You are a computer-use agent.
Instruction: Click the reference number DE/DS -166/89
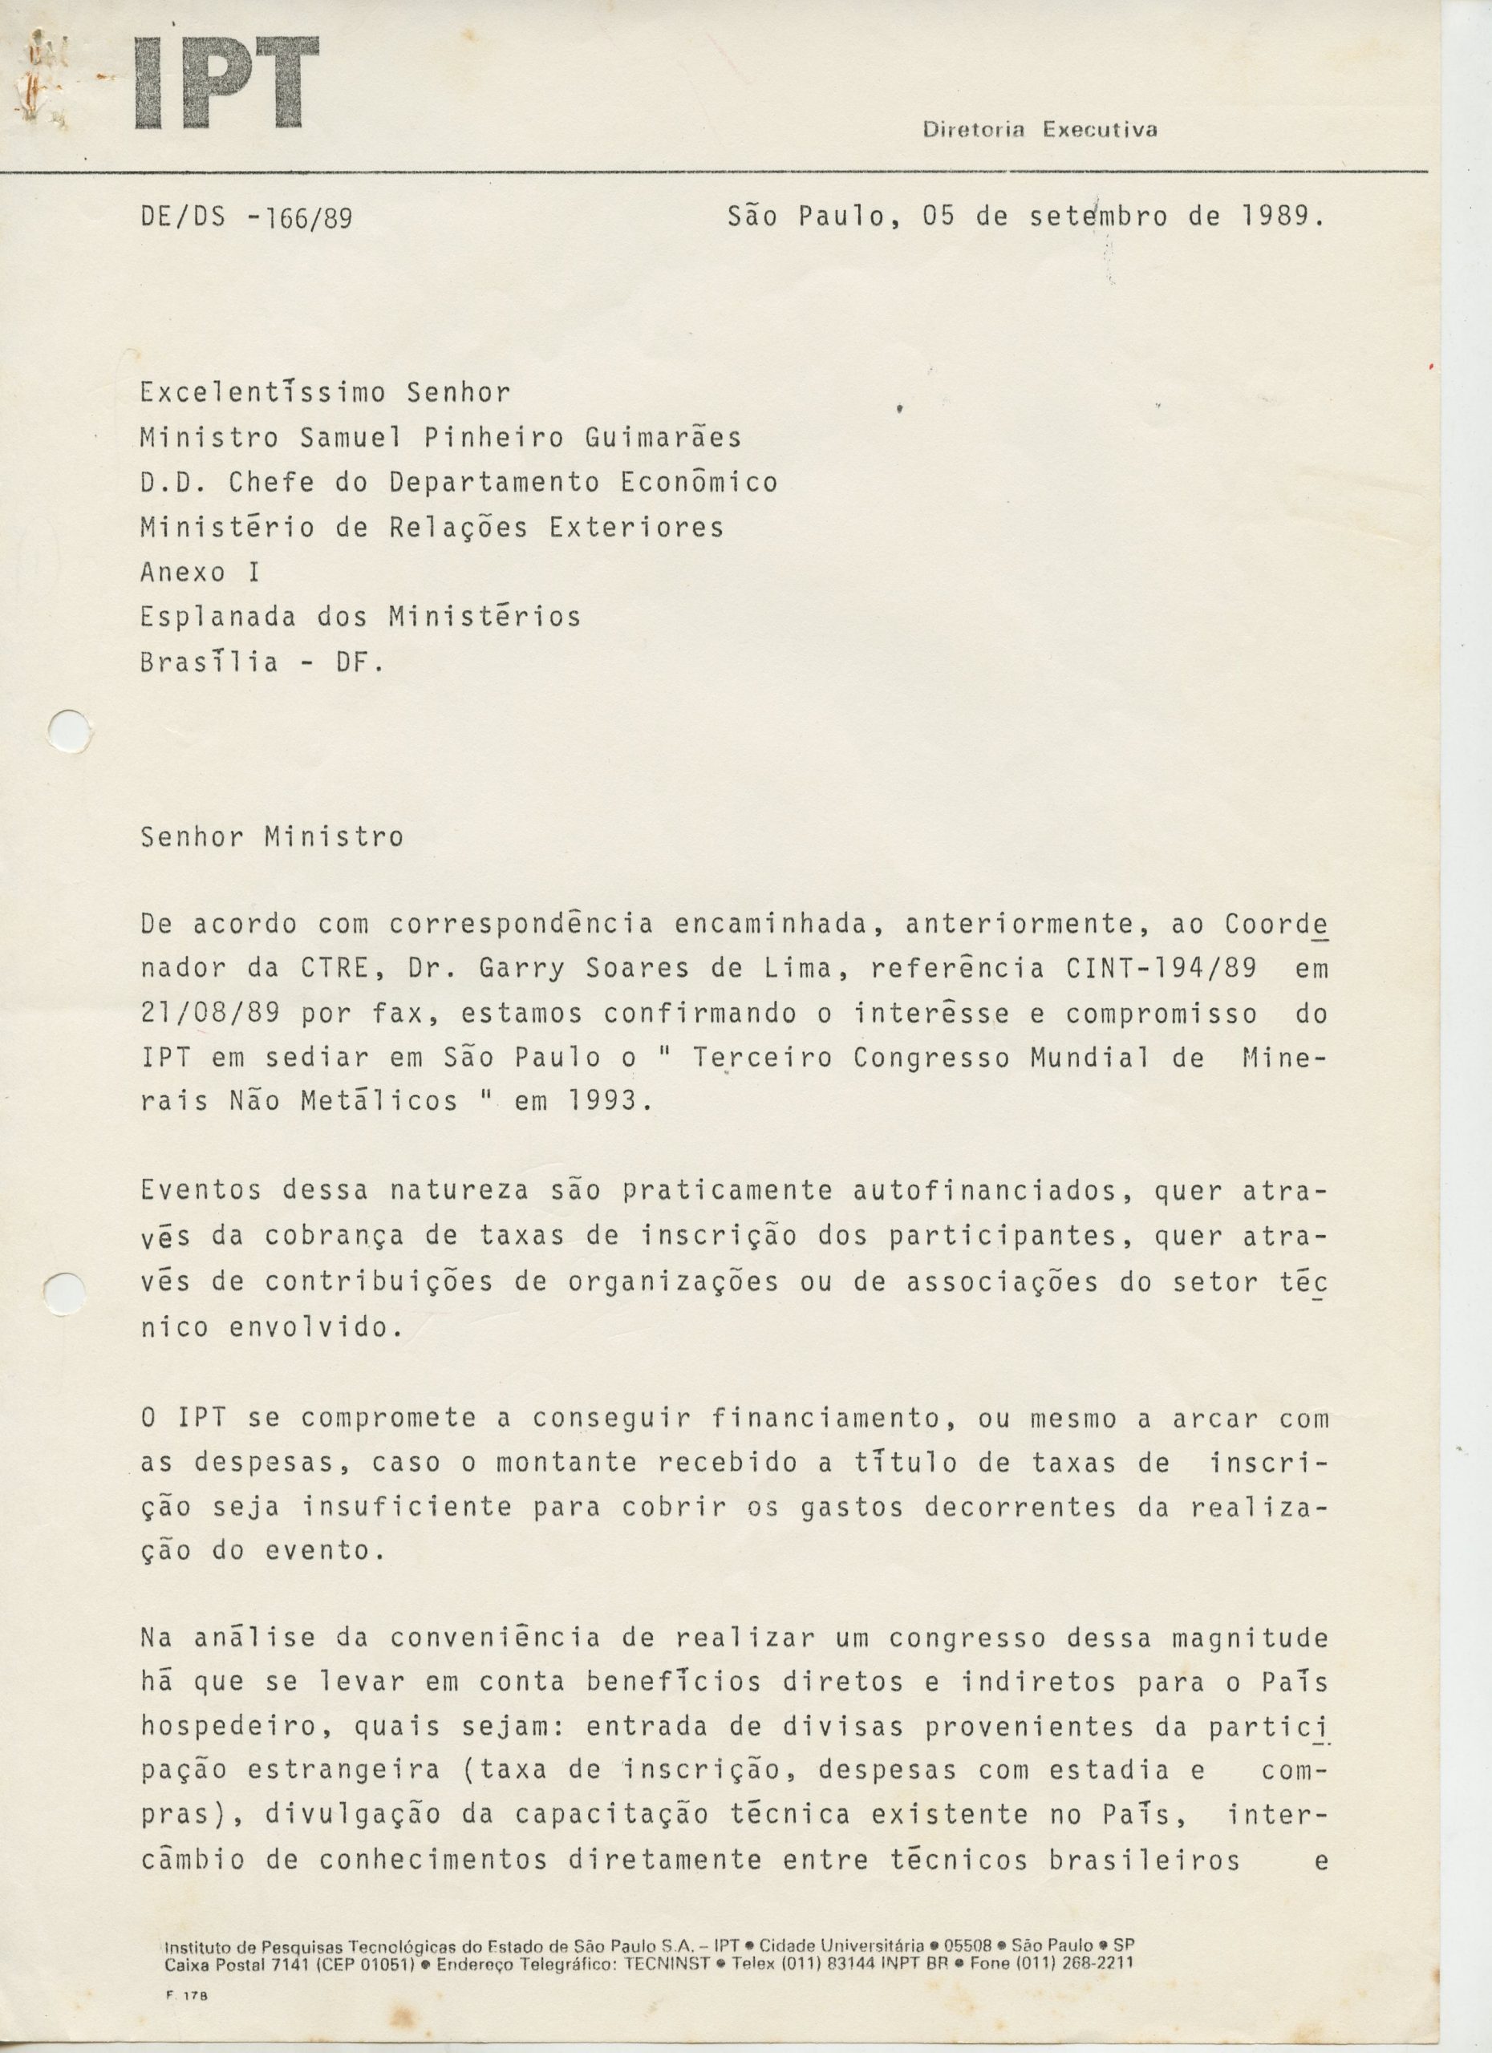click(x=245, y=218)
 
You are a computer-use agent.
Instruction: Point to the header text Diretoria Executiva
click(x=1040, y=129)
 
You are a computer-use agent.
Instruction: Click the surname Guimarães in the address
click(x=663, y=438)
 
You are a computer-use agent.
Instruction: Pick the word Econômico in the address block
click(x=699, y=483)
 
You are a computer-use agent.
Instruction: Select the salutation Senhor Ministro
click(x=272, y=836)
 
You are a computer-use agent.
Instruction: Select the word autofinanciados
click(x=991, y=1191)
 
